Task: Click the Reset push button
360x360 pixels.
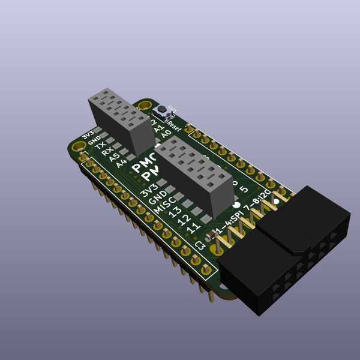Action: tap(161, 112)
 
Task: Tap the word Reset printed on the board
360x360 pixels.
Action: tap(174, 126)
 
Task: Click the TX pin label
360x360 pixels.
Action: tap(101, 146)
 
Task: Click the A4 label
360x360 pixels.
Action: tap(122, 163)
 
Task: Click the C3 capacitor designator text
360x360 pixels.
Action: tap(200, 245)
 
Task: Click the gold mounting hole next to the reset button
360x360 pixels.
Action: tap(145, 107)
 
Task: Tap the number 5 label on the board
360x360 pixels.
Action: tap(244, 190)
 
